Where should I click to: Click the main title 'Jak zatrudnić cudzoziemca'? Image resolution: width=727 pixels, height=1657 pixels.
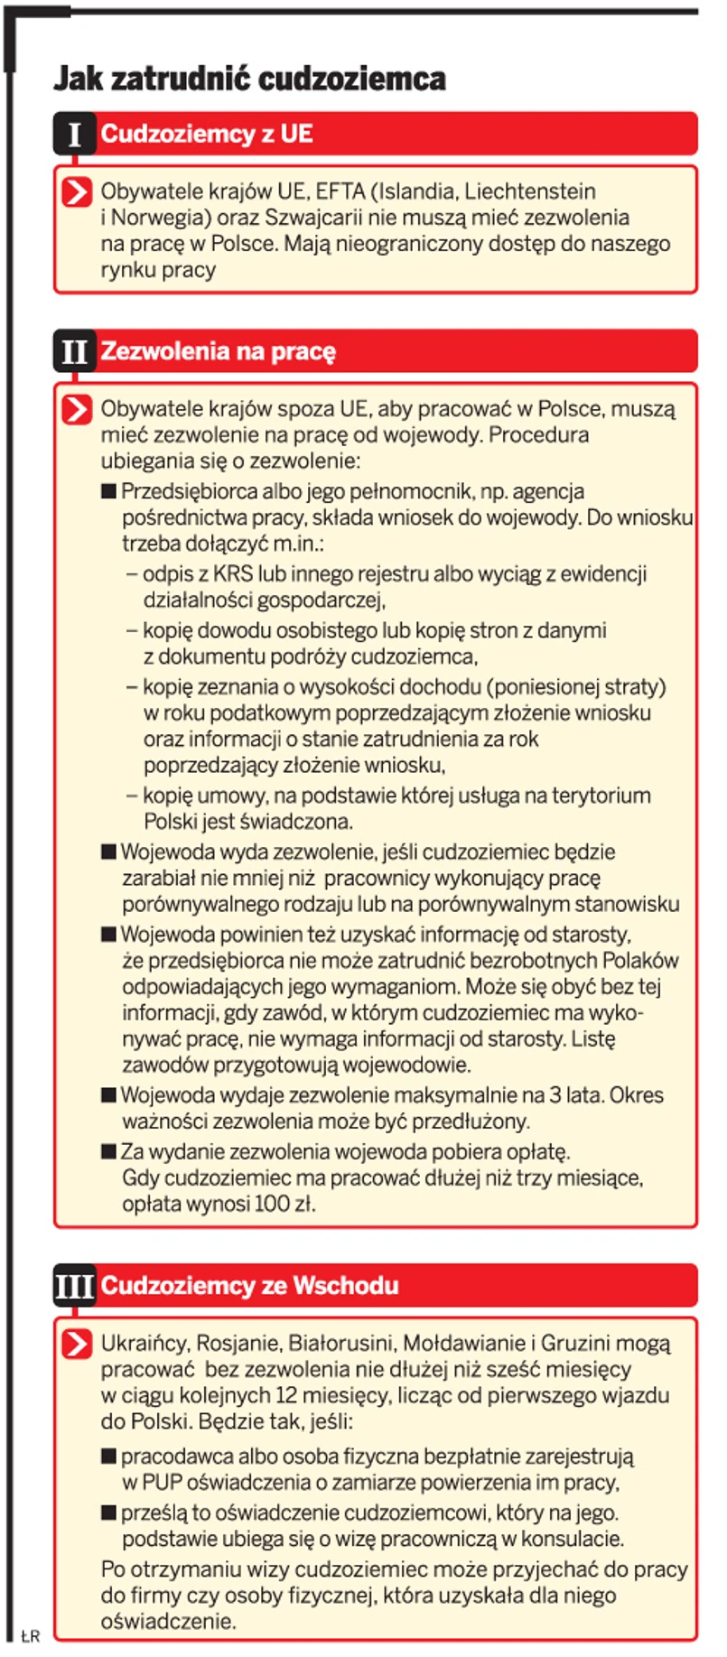[x=249, y=79]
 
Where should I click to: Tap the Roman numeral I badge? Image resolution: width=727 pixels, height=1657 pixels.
[x=74, y=135]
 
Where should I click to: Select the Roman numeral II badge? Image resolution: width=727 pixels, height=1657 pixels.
[x=74, y=351]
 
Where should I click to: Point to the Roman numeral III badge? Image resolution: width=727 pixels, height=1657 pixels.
[x=74, y=1286]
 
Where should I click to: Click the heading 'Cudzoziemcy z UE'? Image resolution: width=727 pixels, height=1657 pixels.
[x=207, y=135]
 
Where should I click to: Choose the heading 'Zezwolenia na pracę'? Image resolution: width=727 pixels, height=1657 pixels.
[x=218, y=351]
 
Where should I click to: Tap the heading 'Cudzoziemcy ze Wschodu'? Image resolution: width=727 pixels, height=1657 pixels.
[x=249, y=1286]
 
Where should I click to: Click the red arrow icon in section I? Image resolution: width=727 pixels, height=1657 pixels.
[x=78, y=192]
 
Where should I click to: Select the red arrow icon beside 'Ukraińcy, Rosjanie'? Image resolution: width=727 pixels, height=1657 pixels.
[x=78, y=1344]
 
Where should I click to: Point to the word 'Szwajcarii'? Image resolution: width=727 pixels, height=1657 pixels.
[x=312, y=218]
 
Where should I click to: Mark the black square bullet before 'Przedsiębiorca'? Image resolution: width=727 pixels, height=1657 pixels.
[x=109, y=492]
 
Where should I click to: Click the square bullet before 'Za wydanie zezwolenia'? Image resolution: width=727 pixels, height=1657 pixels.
[x=109, y=1152]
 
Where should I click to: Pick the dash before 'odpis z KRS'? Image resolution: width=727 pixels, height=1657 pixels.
[x=132, y=574]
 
